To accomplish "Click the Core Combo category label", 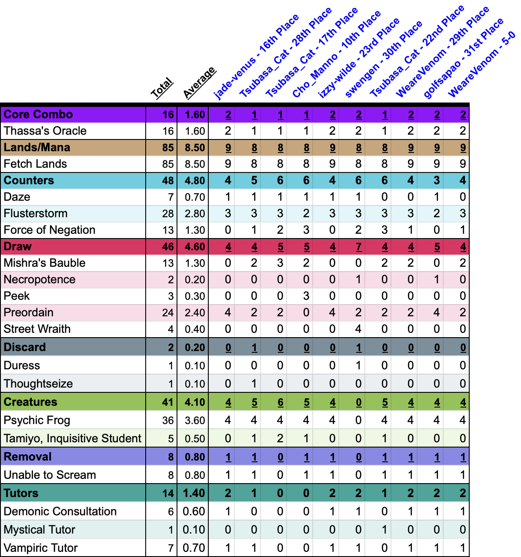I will click(38, 114).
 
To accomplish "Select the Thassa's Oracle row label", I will click(45, 131).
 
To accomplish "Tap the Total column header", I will click(162, 89).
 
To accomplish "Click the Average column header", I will click(199, 83).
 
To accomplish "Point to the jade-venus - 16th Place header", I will click(256, 57).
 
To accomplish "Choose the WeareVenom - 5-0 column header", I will click(481, 65).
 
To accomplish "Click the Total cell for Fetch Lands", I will click(168, 164).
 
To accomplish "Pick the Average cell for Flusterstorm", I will click(194, 214).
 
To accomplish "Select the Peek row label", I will click(17, 296).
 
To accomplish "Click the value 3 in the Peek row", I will click(306, 296).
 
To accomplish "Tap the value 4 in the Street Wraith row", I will click(358, 329).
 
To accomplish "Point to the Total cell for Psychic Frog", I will click(168, 421).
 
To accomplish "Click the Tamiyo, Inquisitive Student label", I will click(73, 438).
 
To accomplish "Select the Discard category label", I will click(25, 347).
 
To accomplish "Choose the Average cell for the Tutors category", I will click(194, 494).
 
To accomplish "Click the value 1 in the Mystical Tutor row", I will click(384, 530).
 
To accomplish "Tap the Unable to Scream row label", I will click(50, 475).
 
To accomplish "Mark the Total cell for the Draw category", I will click(168, 247).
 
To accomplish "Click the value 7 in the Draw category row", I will click(358, 247).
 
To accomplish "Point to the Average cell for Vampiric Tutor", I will click(194, 548).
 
